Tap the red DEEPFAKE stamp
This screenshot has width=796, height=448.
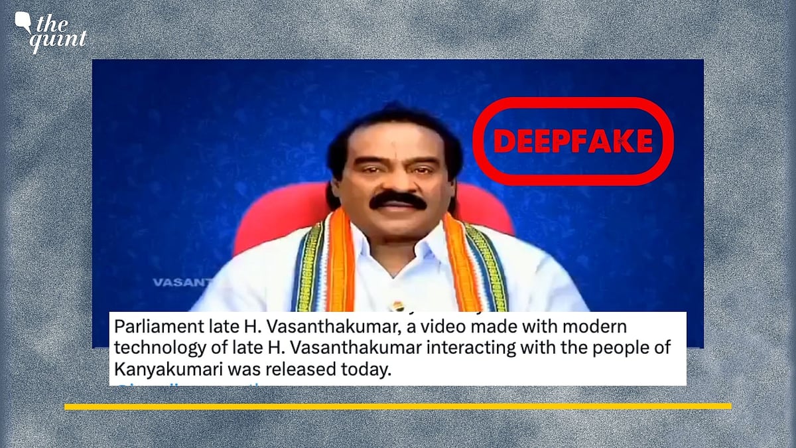tap(572, 140)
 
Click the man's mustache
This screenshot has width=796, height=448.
tap(398, 199)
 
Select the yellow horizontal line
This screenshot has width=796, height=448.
tap(398, 406)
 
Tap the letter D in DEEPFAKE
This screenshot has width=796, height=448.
tap(503, 141)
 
